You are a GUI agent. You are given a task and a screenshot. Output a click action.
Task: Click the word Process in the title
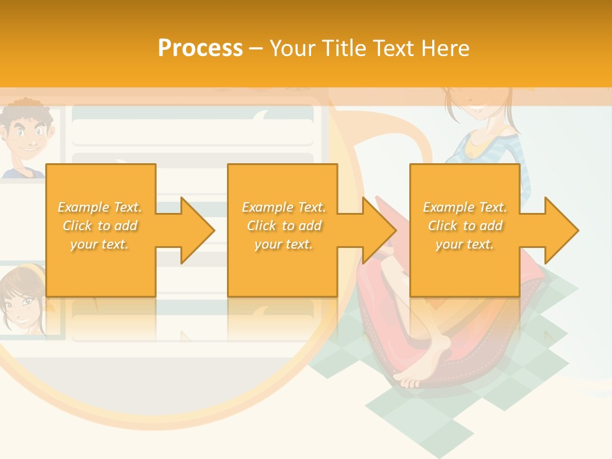pos(200,48)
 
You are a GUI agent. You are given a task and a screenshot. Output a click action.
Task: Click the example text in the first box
pos(100,226)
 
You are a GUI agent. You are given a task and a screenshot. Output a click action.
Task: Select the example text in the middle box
pos(284,226)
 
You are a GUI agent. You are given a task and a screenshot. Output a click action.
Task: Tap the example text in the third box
pos(465,226)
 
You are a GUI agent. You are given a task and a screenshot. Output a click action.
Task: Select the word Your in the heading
pos(291,48)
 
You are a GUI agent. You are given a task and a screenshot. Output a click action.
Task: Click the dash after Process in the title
pos(256,48)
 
